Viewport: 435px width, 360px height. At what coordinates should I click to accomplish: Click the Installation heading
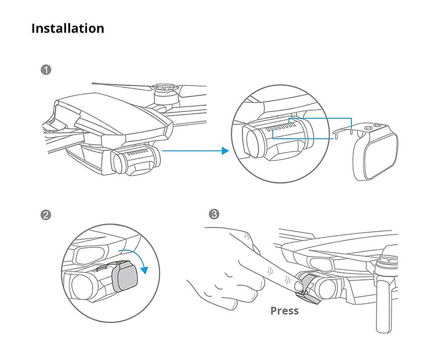click(x=68, y=28)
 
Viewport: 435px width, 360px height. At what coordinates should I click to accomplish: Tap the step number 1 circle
click(x=46, y=70)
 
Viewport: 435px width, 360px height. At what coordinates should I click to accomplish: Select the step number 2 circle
click(x=46, y=215)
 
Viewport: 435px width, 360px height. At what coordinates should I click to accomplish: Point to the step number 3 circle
click(x=214, y=214)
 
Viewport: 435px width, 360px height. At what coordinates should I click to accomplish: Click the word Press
click(x=285, y=311)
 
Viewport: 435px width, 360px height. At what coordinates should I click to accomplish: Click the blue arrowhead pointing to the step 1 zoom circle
click(x=225, y=151)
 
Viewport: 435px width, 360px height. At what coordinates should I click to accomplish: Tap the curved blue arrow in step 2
click(x=136, y=258)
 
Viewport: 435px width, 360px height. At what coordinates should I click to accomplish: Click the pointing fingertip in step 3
click(x=298, y=286)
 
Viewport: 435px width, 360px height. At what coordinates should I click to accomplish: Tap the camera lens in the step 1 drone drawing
click(x=119, y=163)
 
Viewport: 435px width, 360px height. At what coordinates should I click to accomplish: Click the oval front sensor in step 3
click(x=321, y=264)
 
